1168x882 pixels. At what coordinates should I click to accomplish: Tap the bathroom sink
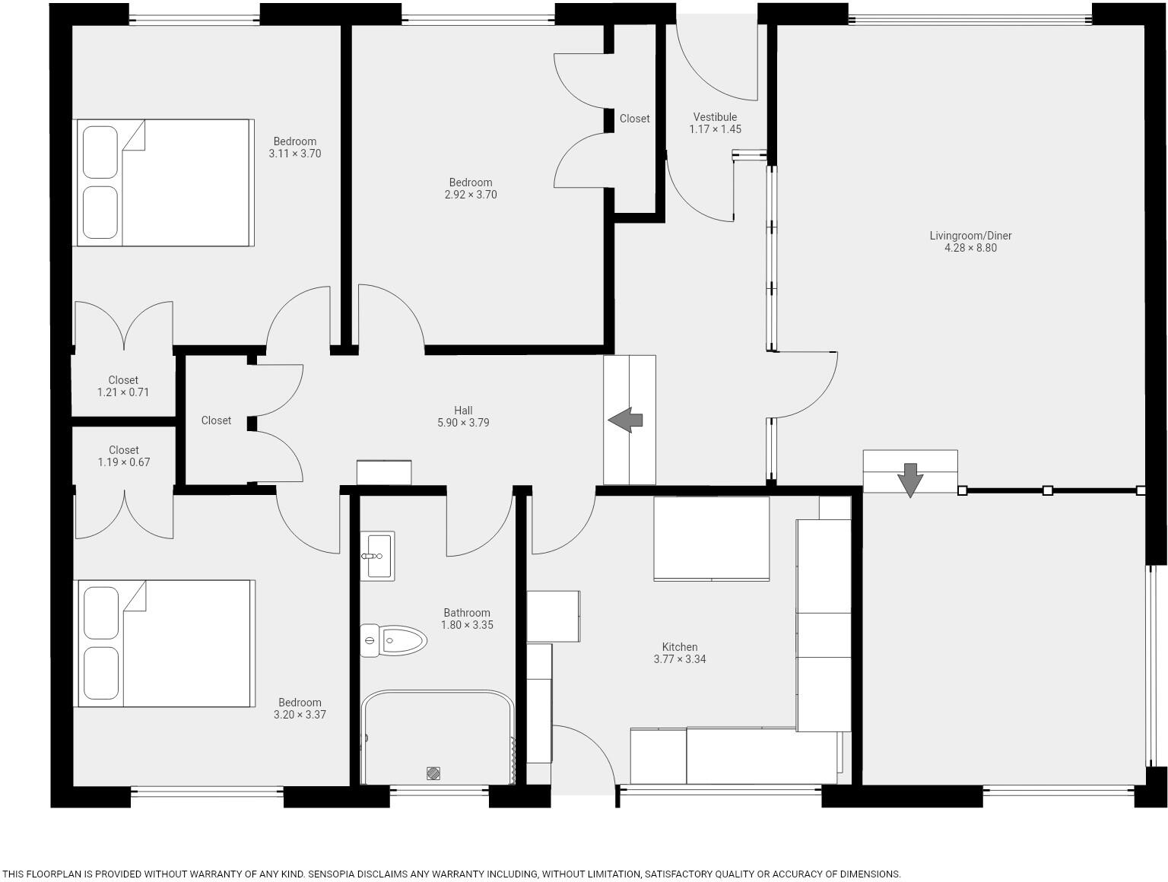(377, 556)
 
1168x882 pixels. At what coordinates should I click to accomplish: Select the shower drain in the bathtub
(433, 773)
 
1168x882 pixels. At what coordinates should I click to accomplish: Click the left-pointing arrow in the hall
(625, 420)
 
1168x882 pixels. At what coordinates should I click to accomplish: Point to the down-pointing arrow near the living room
(909, 479)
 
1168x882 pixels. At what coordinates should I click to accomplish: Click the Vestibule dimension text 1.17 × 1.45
(715, 129)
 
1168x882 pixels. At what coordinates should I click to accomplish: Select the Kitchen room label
(679, 647)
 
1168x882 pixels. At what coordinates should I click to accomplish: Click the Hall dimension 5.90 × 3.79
(463, 423)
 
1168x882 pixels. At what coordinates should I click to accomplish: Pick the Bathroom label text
(467, 613)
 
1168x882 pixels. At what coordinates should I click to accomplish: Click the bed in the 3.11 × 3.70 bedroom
(163, 182)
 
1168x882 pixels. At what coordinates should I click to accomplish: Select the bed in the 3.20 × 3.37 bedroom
(164, 643)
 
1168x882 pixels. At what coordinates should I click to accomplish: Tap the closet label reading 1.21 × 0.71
(123, 392)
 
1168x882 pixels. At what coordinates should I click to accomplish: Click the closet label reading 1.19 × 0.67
(123, 462)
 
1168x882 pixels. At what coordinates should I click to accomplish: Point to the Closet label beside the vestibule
(634, 119)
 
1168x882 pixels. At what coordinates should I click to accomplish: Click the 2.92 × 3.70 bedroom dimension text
(471, 195)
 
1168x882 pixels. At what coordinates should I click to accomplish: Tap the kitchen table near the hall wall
(711, 538)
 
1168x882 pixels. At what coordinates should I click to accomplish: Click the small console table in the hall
(384, 472)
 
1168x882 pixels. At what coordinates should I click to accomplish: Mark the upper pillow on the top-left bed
(100, 152)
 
